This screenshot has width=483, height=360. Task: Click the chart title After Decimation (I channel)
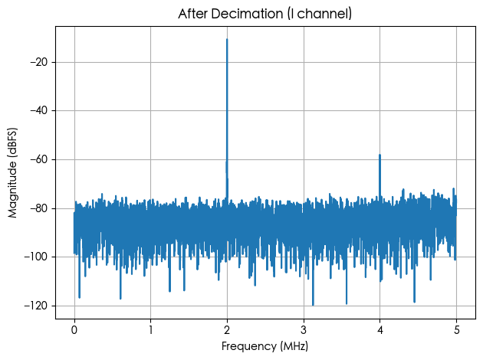coord(265,14)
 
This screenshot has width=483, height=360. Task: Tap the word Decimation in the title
coord(248,14)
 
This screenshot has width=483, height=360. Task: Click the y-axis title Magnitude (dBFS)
coord(12,172)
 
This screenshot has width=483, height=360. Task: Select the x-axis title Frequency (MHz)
coord(265,346)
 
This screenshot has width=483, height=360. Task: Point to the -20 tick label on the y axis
coord(39,62)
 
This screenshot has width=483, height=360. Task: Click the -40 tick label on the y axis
coord(39,111)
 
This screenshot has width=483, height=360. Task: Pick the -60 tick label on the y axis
coord(39,159)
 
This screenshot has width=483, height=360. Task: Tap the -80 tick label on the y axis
coord(39,208)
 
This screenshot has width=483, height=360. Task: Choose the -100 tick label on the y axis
coord(36,257)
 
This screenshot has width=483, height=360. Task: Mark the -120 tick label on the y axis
coord(36,306)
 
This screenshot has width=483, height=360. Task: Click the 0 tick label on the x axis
coord(74,330)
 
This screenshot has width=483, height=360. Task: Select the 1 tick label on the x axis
coord(150,330)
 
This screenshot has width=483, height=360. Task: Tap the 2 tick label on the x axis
coord(227,330)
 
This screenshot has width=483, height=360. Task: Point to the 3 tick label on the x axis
coord(304,330)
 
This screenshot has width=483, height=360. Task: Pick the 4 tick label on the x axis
coord(380,330)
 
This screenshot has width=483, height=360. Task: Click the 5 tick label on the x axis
coord(456,330)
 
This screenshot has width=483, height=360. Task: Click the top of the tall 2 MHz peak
coord(227,39)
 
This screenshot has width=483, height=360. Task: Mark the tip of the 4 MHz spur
coord(379,155)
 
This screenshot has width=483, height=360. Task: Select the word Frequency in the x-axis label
coord(249,346)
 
